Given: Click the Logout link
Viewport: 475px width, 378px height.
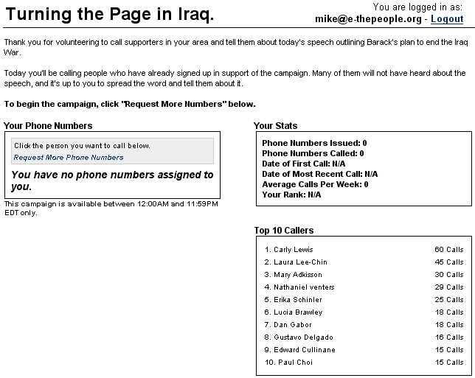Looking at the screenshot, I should click(x=447, y=19).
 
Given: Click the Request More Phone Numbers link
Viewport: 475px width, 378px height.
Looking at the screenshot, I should click(x=69, y=158).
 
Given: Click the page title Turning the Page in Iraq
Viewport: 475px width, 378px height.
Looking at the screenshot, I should click(x=110, y=14).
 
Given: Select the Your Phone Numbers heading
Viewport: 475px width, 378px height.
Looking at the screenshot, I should click(x=48, y=126).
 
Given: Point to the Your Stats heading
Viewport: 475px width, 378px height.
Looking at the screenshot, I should click(x=275, y=126).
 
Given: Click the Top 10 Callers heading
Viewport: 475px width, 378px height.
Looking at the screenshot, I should click(x=284, y=231).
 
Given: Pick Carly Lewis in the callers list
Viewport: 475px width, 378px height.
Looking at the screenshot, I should click(x=293, y=250).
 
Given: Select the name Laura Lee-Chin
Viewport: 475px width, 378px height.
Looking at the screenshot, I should click(x=300, y=262).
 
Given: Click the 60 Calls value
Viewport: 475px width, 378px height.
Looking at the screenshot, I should click(x=448, y=250).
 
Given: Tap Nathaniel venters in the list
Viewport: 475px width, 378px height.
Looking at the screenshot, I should click(x=304, y=287).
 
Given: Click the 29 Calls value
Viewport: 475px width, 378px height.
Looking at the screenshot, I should click(x=448, y=287).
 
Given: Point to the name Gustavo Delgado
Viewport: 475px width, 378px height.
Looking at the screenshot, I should click(x=303, y=337).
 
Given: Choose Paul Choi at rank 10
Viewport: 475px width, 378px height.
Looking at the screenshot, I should click(x=295, y=363).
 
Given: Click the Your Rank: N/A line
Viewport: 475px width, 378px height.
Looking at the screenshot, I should click(x=291, y=195).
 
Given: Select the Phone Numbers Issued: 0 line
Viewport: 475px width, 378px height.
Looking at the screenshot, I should click(x=314, y=143).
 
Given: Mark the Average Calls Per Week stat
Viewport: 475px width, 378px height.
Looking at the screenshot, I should click(x=315, y=184).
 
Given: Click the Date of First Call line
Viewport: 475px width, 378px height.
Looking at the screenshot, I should click(x=303, y=164).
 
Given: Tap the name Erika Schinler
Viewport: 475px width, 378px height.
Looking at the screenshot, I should click(x=297, y=300).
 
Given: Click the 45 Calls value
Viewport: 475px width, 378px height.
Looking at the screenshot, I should click(x=448, y=262).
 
